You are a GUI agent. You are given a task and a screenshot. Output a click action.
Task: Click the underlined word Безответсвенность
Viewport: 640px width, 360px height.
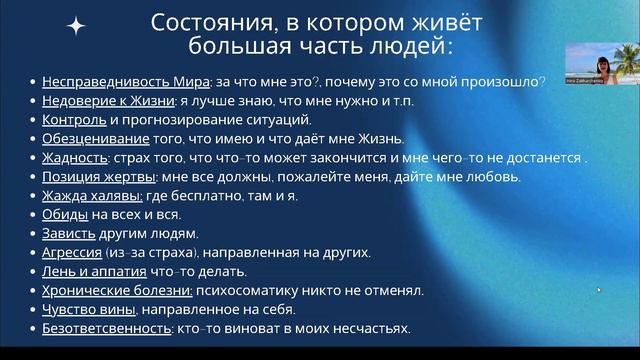[104, 328]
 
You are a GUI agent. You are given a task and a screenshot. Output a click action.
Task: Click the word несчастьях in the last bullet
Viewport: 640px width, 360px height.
[373, 328]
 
